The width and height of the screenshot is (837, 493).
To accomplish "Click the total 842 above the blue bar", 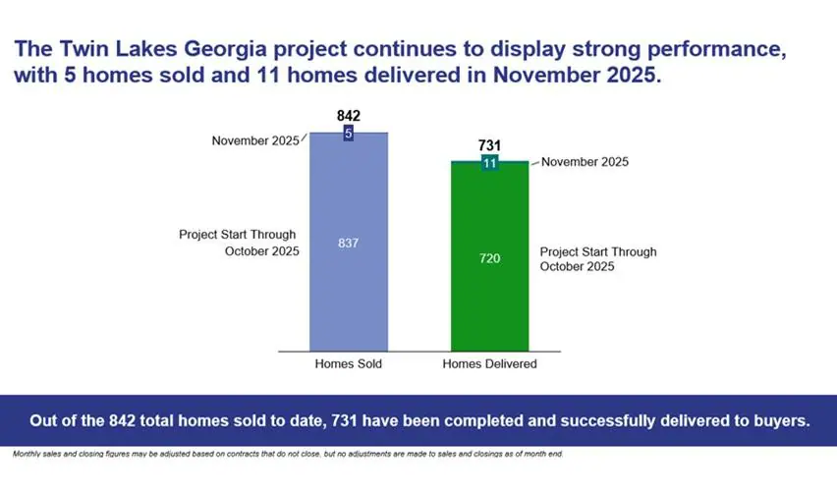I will click(349, 116).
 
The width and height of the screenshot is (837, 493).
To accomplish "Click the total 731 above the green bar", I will click(489, 145).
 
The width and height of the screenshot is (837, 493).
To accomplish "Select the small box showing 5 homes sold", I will click(349, 133).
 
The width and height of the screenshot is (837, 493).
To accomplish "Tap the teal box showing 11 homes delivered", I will click(489, 163).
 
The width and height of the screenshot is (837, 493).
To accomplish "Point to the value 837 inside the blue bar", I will click(349, 243).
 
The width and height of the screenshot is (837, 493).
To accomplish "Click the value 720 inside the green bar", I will click(489, 258).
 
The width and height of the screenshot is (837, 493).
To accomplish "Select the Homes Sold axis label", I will click(348, 364).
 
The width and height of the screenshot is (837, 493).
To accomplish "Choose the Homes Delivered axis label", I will click(489, 364).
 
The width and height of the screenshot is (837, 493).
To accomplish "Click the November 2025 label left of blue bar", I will click(254, 141).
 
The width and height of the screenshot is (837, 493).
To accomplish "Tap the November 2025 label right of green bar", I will click(585, 162).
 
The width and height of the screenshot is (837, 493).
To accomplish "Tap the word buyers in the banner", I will click(780, 420).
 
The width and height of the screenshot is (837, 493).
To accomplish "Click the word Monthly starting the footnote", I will click(29, 455).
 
